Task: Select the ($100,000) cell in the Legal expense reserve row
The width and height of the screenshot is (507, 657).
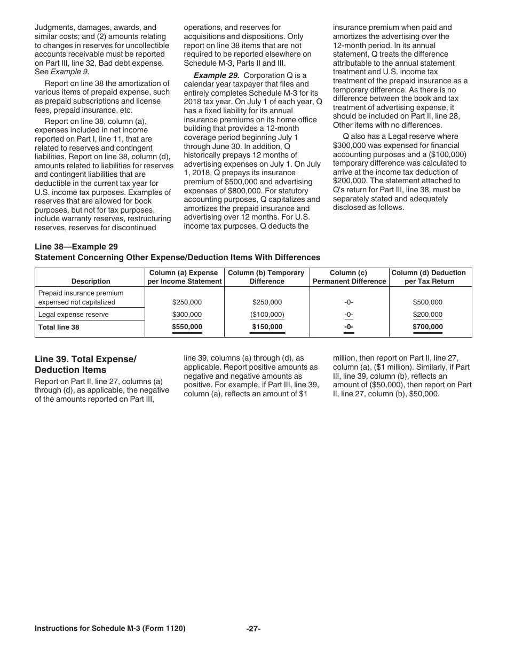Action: point(267,315)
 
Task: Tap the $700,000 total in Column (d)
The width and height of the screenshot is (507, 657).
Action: point(427,327)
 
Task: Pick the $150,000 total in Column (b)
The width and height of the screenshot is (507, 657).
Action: point(267,327)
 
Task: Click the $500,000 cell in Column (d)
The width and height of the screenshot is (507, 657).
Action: point(427,302)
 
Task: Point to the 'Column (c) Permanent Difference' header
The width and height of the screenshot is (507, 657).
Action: point(349,277)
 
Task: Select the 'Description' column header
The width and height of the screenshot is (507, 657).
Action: point(91,281)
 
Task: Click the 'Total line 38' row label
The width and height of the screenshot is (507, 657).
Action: point(59,327)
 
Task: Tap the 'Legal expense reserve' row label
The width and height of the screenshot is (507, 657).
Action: point(73,315)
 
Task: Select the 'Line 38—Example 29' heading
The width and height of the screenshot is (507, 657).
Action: point(76,246)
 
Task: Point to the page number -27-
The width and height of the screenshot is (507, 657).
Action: point(253,629)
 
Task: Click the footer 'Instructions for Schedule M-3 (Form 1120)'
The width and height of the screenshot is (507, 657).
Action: point(110,629)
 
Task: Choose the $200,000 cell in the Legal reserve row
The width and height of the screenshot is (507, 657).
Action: point(427,315)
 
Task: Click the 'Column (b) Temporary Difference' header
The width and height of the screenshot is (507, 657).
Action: point(266,277)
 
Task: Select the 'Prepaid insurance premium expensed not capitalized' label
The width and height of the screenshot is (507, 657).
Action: point(81,298)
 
